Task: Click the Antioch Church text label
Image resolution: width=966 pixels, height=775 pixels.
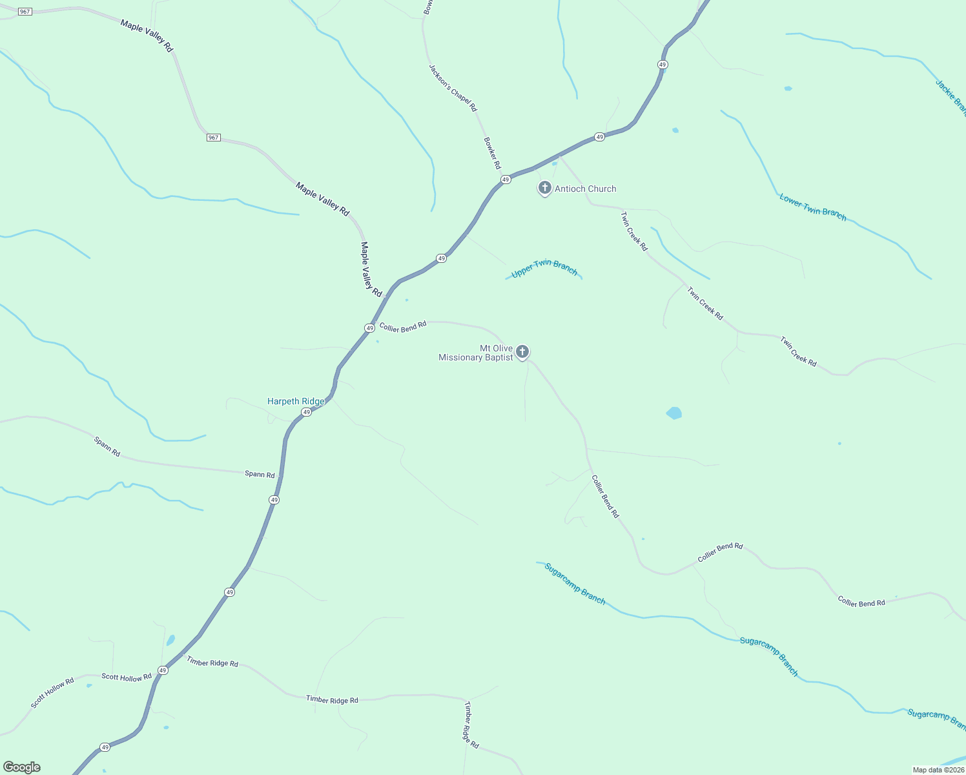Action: (x=585, y=189)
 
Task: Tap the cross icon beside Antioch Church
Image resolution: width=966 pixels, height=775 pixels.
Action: (x=544, y=188)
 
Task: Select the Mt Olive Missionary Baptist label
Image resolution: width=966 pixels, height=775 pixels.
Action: (x=476, y=353)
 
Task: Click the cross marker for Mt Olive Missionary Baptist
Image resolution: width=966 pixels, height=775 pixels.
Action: (x=522, y=352)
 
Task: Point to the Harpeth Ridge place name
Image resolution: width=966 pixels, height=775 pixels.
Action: (x=296, y=401)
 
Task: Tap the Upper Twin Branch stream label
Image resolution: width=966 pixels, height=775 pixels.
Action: (x=544, y=269)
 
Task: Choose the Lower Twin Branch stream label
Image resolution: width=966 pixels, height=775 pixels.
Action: (x=812, y=207)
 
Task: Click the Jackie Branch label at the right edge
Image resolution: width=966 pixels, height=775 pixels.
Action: (x=951, y=97)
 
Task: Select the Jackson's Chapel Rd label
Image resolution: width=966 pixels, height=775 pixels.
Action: (x=453, y=88)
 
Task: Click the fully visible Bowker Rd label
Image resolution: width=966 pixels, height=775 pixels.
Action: (x=492, y=153)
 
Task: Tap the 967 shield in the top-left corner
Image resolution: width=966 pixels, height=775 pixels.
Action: (x=25, y=12)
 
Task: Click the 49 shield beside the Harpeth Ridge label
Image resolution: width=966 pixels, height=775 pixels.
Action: (x=307, y=412)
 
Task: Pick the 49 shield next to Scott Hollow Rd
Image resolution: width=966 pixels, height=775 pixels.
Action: (x=163, y=670)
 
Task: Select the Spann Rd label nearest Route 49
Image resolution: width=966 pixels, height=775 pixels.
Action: (x=260, y=474)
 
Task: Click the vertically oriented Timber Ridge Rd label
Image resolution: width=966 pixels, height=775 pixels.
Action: (x=471, y=725)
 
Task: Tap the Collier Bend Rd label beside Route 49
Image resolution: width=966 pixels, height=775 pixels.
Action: (x=403, y=327)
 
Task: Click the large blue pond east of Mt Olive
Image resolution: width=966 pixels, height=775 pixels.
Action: (x=673, y=413)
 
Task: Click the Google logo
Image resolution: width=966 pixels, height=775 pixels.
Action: (x=21, y=767)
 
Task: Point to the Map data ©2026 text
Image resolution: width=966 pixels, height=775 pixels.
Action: (x=938, y=770)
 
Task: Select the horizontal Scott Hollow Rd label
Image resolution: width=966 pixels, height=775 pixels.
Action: (x=127, y=677)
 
